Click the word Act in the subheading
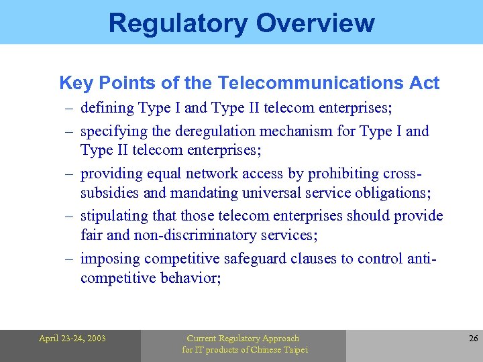(x=425, y=83)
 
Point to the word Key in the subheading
(x=75, y=83)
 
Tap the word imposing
(x=110, y=258)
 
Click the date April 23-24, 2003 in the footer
(x=72, y=339)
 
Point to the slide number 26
(x=473, y=339)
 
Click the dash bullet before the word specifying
(x=69, y=131)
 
